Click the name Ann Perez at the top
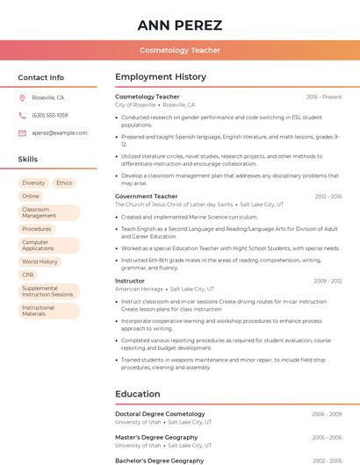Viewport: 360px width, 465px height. coord(180,25)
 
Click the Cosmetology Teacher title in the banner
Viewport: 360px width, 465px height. coord(180,50)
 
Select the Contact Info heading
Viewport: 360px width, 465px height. coord(41,77)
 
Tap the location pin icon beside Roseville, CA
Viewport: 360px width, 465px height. coord(22,97)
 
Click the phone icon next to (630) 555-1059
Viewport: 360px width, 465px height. coord(22,115)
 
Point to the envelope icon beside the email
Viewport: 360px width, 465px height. coord(22,132)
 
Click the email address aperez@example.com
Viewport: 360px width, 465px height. coord(60,132)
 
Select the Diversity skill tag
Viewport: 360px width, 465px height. coord(33,182)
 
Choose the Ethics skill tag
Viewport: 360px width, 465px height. coord(64,182)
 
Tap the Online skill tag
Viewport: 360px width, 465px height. coord(31,196)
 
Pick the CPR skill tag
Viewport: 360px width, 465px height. coord(28,275)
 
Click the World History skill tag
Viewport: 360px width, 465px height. coord(40,261)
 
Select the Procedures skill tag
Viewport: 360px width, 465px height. coord(37,229)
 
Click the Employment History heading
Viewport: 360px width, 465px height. coord(161,77)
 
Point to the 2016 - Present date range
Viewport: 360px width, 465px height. coord(324,97)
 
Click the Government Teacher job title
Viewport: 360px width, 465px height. coord(147,197)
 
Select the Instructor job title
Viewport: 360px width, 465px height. coord(130,281)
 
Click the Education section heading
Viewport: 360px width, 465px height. coord(138,394)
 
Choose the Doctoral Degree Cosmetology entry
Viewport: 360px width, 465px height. coord(160,413)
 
